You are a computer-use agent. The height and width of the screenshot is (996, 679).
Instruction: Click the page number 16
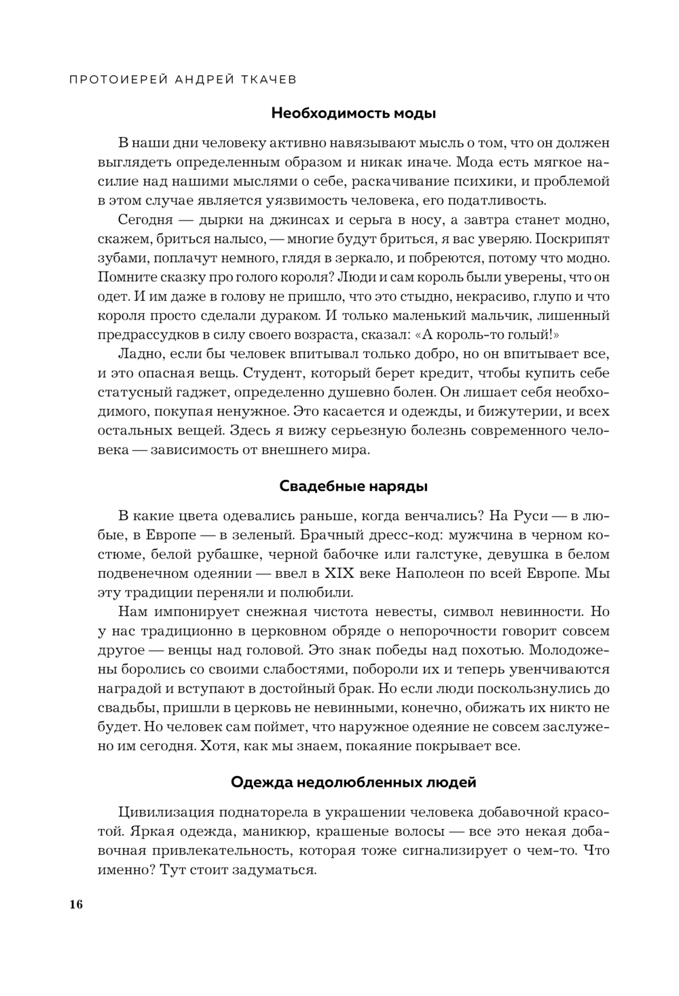coord(75,904)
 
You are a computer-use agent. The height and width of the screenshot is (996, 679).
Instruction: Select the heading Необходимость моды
coord(353,113)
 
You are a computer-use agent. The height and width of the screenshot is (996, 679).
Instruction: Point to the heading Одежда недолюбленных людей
coord(353,781)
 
